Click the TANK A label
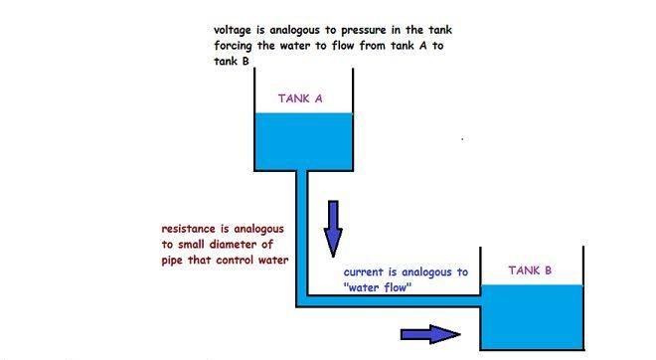(299, 98)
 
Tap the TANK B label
(530, 270)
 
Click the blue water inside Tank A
(303, 139)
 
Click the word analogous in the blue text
(433, 271)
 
